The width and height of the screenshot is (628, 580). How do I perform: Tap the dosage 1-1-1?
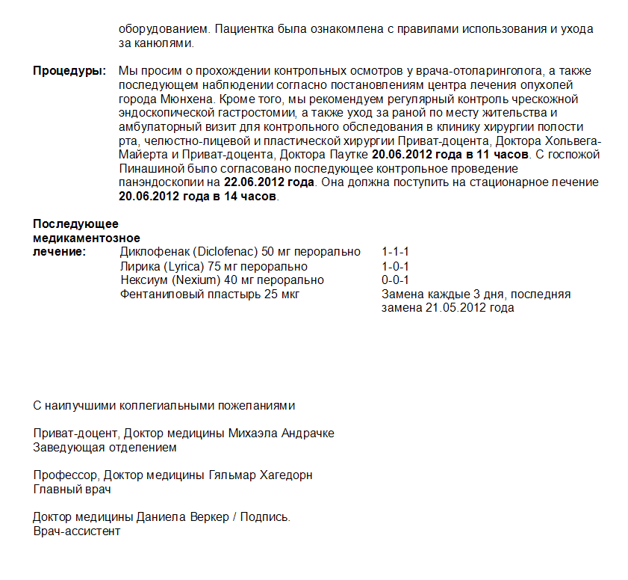[x=395, y=252]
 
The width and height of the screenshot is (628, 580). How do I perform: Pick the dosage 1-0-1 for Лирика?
[x=395, y=266]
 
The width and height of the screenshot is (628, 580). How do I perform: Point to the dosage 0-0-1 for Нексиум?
[x=395, y=280]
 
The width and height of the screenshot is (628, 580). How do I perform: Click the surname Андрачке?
[x=308, y=434]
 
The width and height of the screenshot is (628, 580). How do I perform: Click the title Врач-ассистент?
[x=77, y=531]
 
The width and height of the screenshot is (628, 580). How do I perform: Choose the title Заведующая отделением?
[x=105, y=448]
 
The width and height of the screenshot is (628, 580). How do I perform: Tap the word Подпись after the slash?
[x=265, y=517]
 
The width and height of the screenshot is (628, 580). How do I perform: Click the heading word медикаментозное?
[x=87, y=238]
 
